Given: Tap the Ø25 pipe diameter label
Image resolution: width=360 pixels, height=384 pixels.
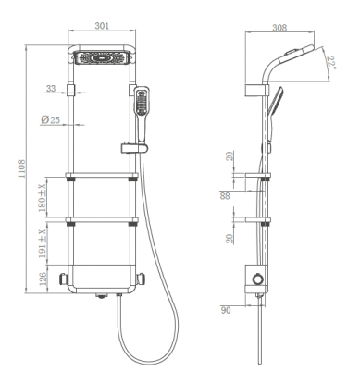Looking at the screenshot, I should tap(53, 121).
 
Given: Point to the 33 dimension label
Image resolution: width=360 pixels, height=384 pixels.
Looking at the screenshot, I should tap(51, 90).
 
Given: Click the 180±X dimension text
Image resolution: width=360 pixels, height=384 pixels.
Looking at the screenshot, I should tap(40, 197).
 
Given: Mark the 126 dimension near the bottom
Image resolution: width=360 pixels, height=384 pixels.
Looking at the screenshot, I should tap(40, 277).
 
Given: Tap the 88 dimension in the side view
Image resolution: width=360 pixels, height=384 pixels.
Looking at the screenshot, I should tap(225, 195).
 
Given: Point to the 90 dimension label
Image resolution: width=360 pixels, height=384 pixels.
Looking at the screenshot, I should tap(225, 312).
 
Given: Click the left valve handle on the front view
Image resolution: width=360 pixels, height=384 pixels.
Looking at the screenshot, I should tap(63, 279).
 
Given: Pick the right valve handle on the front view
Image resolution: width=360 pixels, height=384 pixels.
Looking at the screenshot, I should tap(142, 279).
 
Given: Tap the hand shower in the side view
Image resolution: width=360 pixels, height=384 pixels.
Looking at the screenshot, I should tap(275, 104).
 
